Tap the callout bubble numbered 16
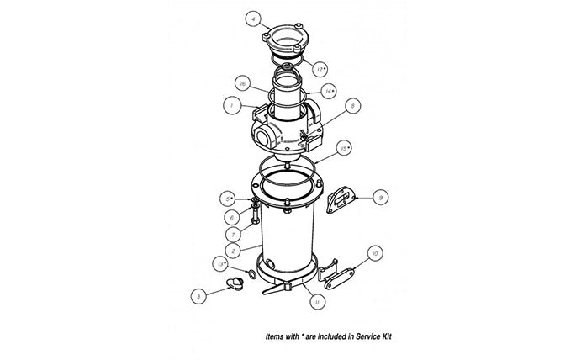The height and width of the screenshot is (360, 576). coord(241,85)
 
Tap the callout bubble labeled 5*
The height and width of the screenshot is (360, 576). coord(227,197)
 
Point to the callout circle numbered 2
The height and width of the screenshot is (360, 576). coord(227,250)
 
